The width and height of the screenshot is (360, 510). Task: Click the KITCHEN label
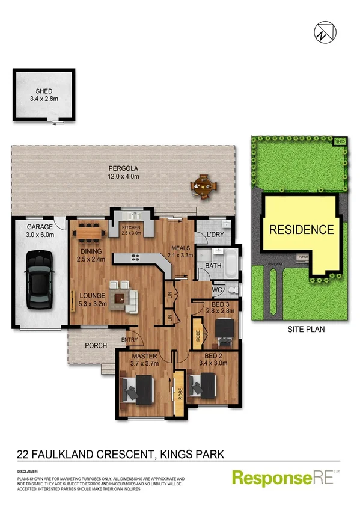click(130, 227)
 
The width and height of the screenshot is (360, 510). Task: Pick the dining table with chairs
click(90, 229)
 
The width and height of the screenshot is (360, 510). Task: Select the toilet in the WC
click(233, 290)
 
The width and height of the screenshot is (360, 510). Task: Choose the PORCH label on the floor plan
click(96, 345)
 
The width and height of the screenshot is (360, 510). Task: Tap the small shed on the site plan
click(341, 142)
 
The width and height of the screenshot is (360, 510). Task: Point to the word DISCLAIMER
click(28, 471)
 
